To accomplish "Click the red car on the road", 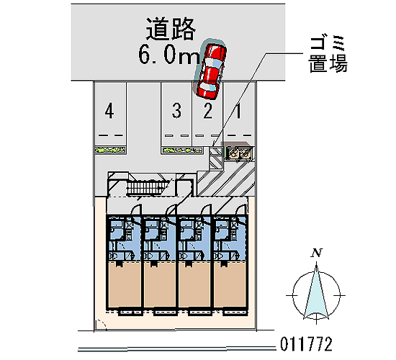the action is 212,71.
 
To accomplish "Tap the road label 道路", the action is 171,29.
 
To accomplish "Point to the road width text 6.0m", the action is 168,55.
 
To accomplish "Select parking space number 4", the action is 109,110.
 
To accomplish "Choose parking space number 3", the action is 176,110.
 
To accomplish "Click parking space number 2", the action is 207,110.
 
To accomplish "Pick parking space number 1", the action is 238,110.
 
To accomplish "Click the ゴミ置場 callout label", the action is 328,54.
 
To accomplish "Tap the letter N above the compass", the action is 317,253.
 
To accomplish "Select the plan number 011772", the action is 306,344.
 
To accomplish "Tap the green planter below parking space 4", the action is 110,150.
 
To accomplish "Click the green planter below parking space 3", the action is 182,150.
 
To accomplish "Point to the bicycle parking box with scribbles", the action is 238,153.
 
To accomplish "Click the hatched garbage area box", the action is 215,158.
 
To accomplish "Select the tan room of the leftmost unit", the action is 125,284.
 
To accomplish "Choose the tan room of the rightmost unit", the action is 230,284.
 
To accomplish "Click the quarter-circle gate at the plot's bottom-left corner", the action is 101,325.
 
